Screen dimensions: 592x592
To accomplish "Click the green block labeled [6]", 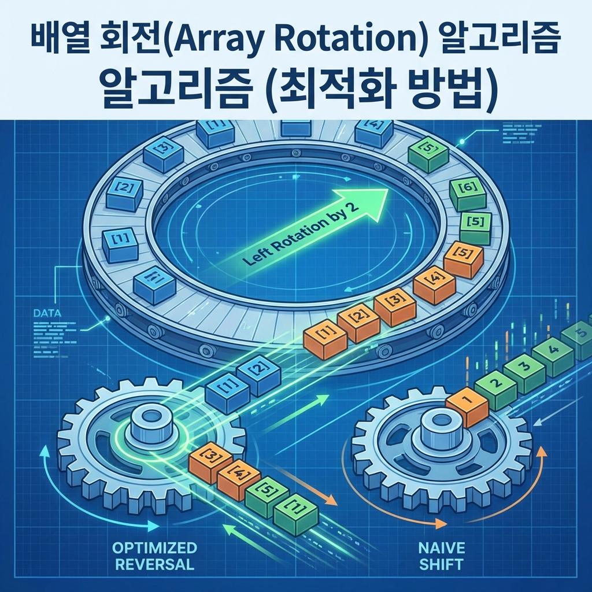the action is (468, 194).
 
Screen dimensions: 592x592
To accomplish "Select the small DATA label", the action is (39, 312).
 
